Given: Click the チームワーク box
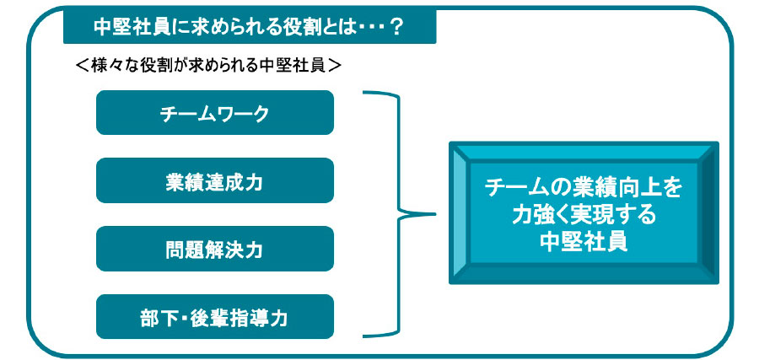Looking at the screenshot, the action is click(215, 112).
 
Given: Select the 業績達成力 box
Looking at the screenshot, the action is click(215, 180).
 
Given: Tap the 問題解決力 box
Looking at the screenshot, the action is click(215, 249).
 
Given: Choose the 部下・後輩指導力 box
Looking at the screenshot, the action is click(215, 317).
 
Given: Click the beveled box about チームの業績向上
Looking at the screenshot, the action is click(584, 213).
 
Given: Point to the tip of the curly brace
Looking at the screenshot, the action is click(435, 214).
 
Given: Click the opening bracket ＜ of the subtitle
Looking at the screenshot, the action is click(82, 65).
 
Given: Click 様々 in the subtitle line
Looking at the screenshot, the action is click(105, 65).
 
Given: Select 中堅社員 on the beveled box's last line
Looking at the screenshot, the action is click(584, 240).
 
